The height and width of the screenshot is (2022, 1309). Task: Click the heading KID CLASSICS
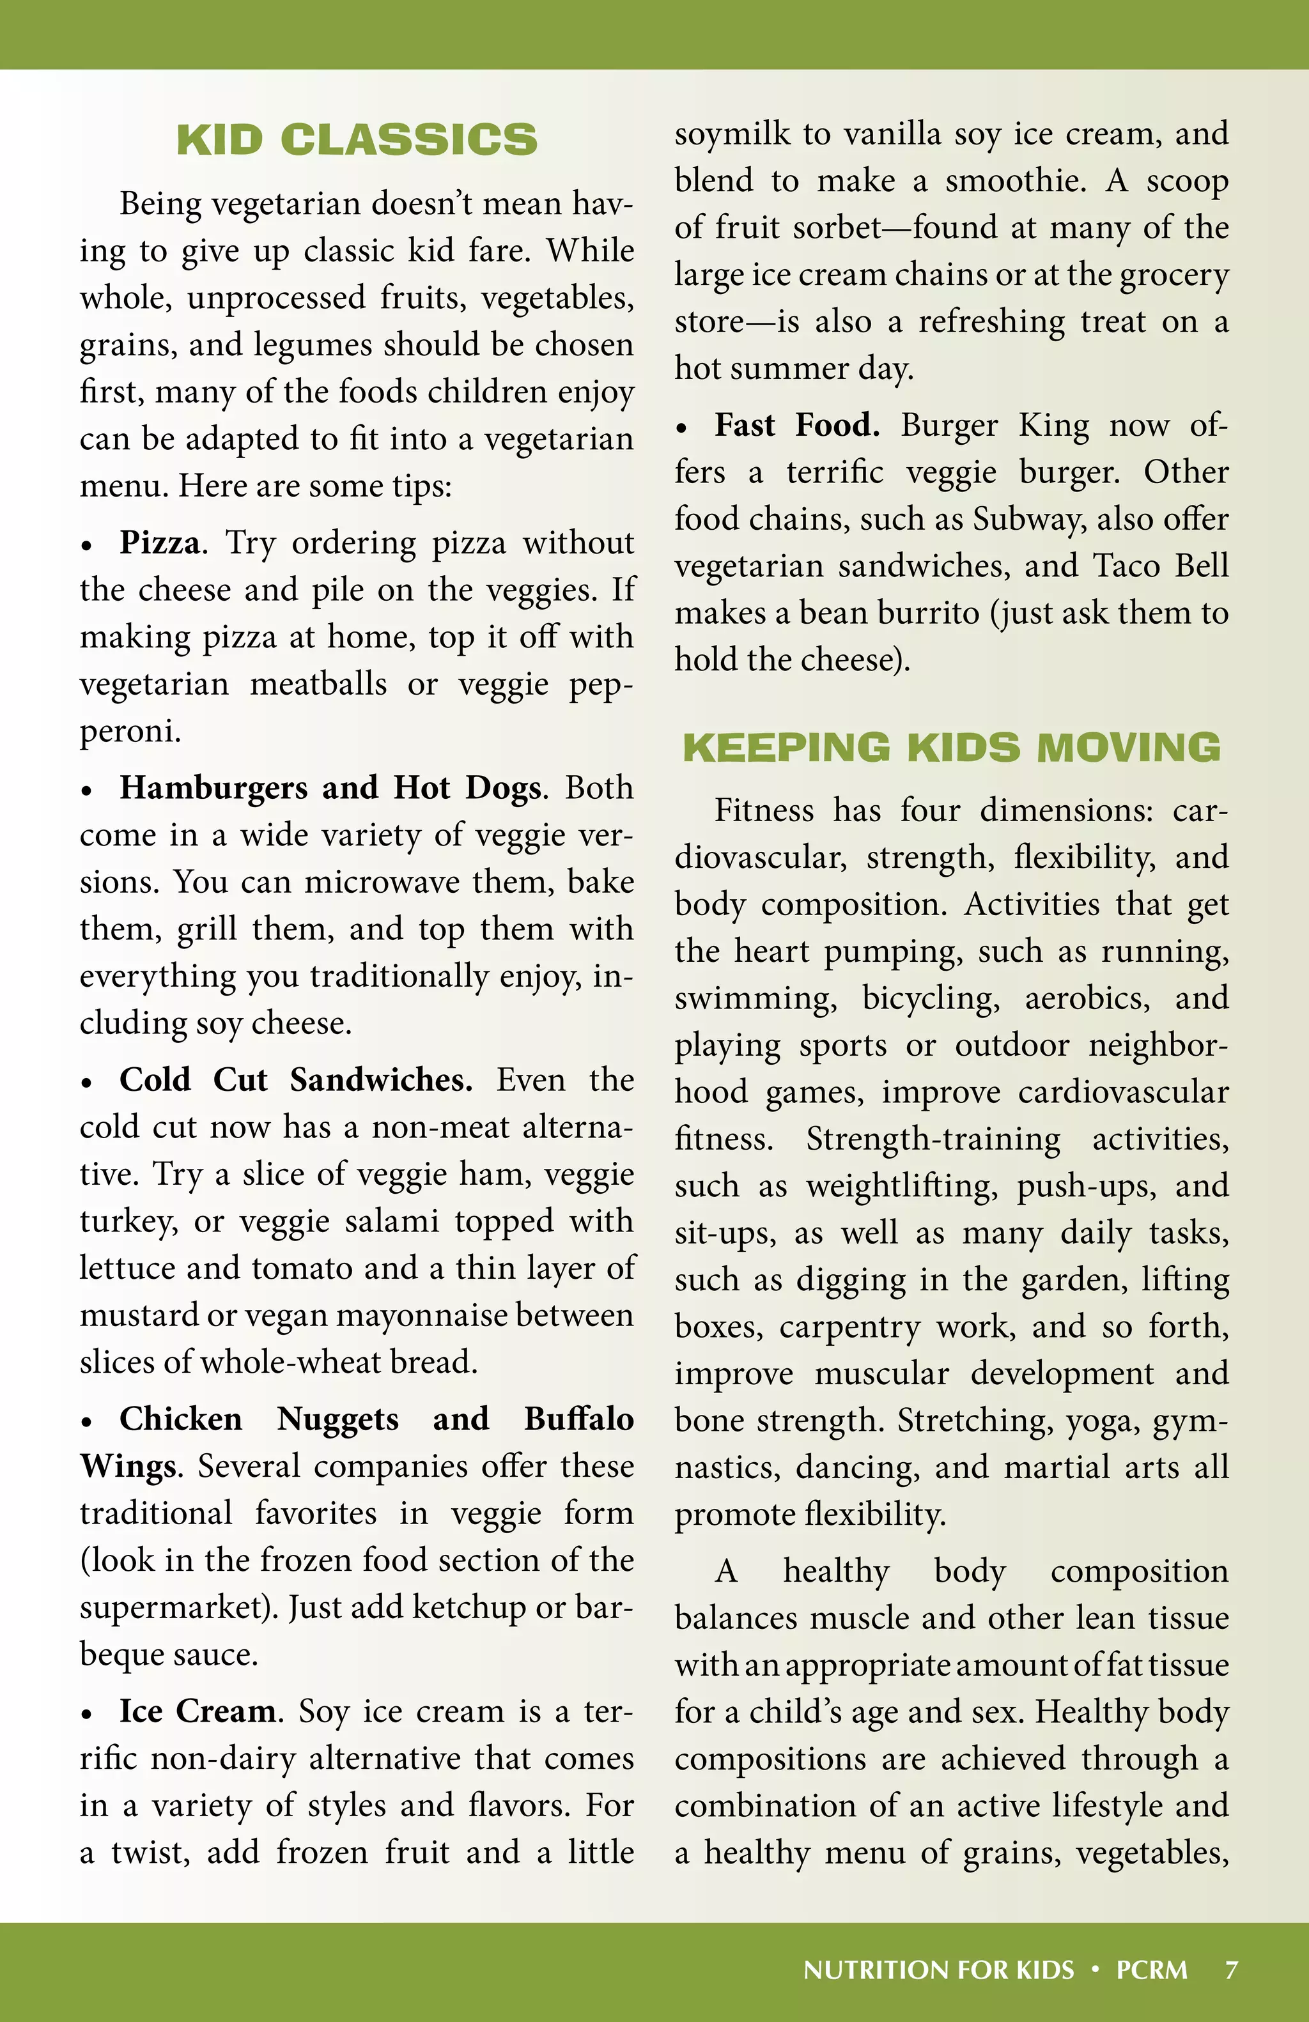357,140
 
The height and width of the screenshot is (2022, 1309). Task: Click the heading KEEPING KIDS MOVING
951,748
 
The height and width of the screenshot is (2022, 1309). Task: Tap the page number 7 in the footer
1231,1970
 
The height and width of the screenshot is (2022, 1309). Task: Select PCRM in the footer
1151,1970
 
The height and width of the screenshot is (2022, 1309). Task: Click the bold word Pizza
160,542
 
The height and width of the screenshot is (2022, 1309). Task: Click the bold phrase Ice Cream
197,1710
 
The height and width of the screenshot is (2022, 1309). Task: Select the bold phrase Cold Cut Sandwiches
295,1079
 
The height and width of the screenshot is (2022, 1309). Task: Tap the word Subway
1027,519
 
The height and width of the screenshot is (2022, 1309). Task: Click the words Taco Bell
1160,566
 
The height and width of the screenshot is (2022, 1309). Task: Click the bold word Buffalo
578,1419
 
